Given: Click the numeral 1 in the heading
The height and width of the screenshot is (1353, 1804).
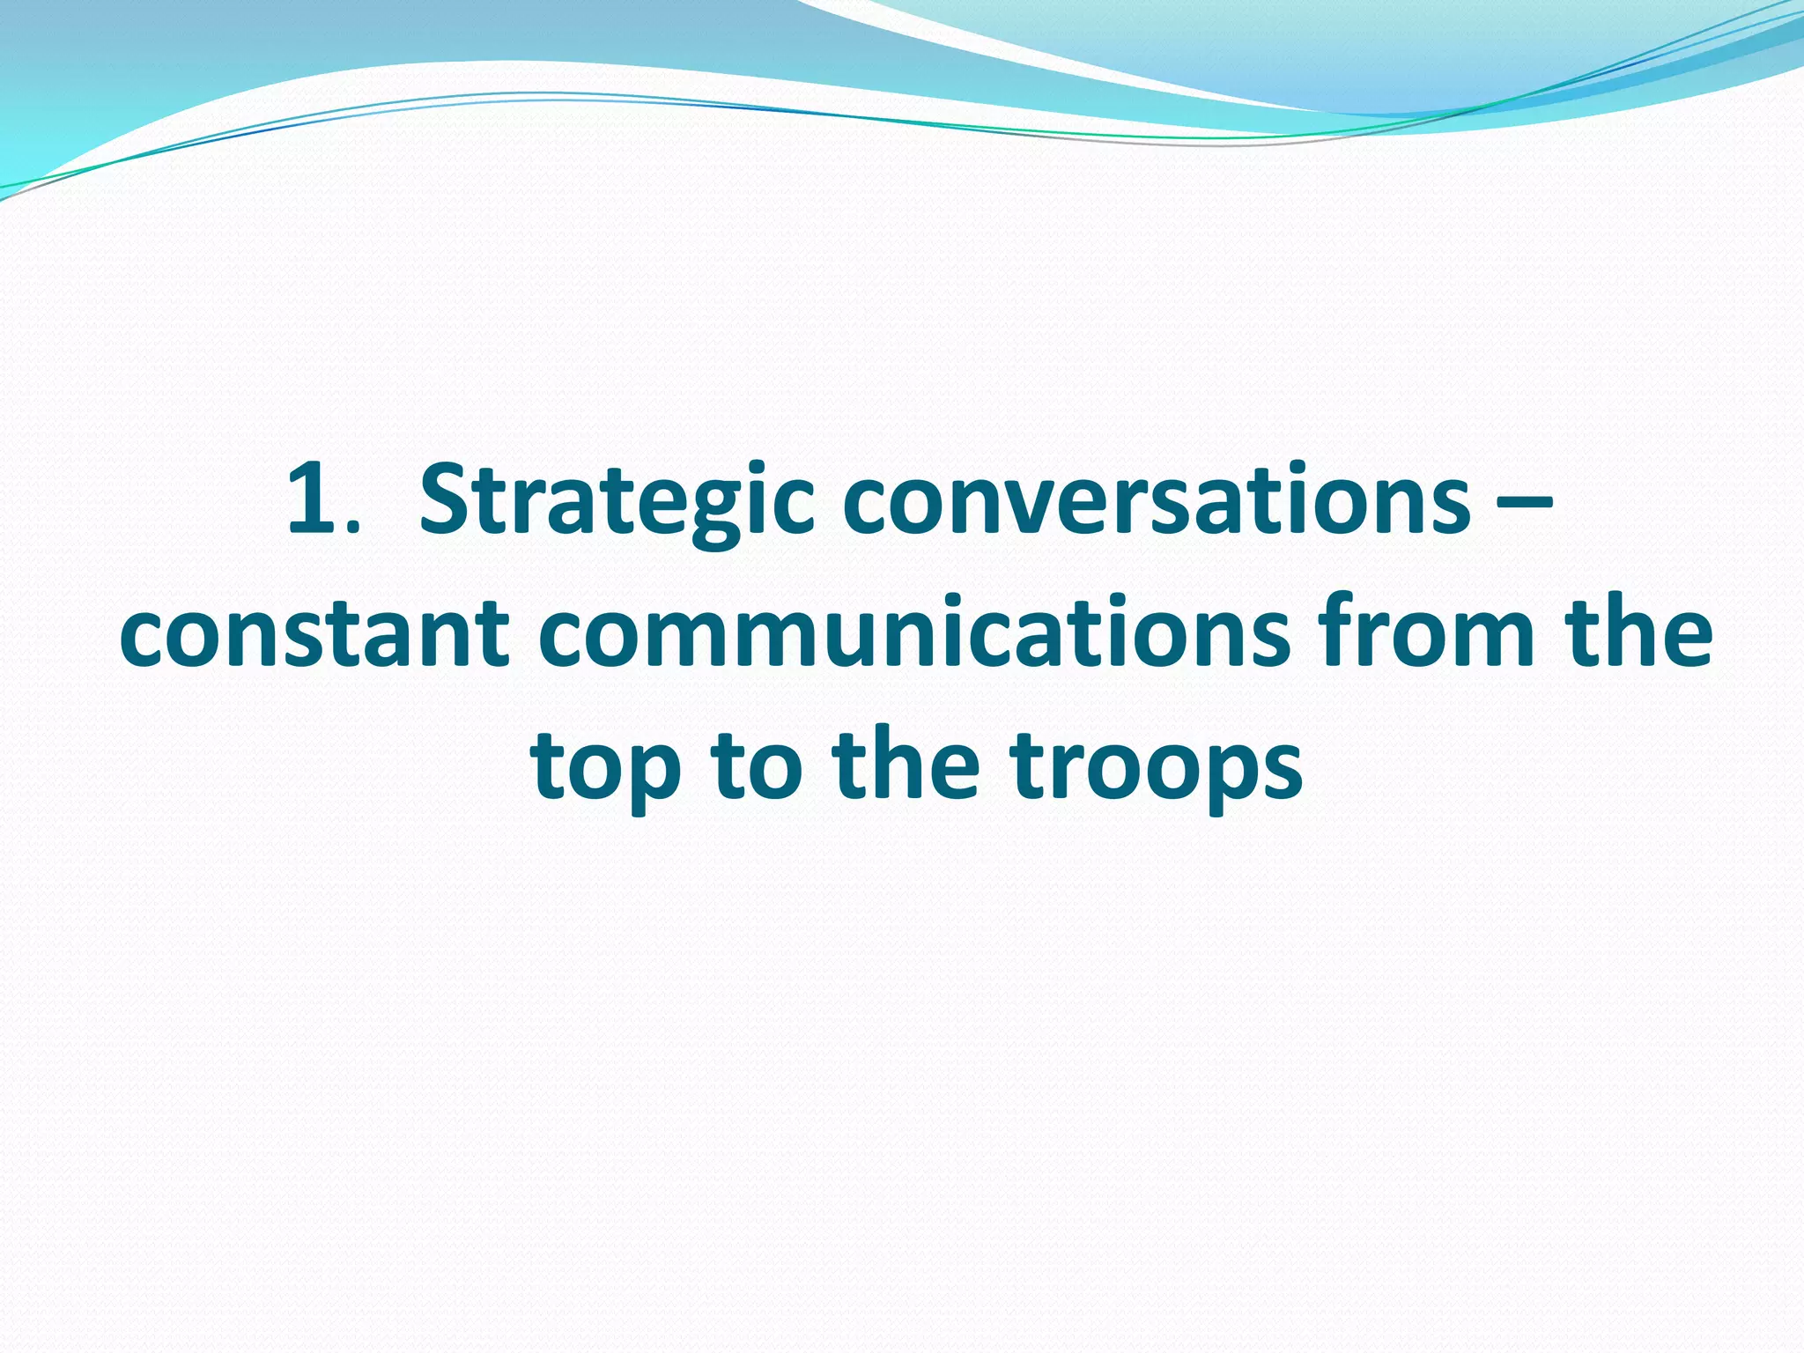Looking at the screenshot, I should coord(311,500).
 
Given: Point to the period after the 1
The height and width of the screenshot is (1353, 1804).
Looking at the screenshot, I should coord(353,529).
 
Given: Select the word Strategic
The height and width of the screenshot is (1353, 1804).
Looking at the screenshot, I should coord(616,502).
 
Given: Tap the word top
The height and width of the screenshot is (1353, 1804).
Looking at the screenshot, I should coord(607,766).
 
